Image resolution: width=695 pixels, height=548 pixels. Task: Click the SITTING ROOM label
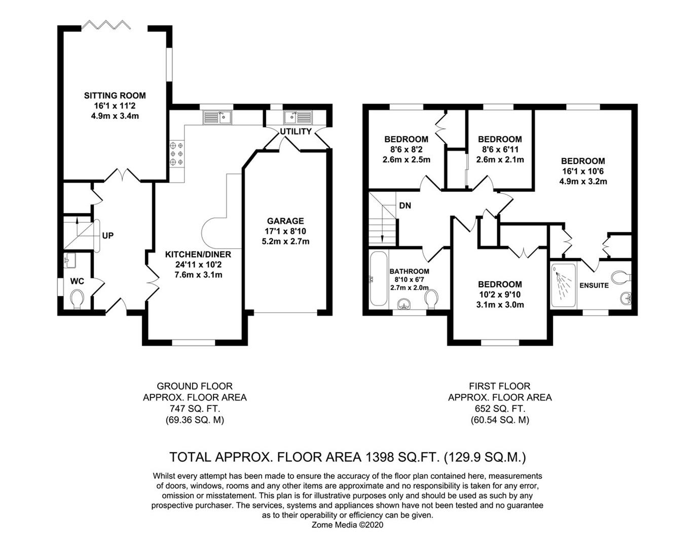tap(115, 96)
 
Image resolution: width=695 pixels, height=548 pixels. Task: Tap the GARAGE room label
tap(285, 221)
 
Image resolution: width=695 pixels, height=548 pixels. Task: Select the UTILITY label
tap(296, 131)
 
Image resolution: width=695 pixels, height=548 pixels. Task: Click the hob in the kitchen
tap(176, 154)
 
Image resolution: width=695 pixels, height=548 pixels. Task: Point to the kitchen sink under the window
tap(217, 118)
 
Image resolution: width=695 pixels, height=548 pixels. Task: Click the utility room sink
tap(298, 118)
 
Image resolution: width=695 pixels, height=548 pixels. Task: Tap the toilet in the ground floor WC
tap(77, 299)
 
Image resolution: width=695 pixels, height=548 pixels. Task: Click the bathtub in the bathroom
tap(379, 279)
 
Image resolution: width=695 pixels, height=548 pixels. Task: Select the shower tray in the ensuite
tap(564, 286)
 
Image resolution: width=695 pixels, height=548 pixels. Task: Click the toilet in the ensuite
tap(621, 278)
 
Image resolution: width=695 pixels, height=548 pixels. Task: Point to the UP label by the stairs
tap(108, 235)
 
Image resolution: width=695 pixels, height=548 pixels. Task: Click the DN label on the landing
tap(406, 205)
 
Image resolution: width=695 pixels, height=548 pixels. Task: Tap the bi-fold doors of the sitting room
tap(106, 25)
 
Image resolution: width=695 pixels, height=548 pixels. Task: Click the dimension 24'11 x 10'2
tap(198, 265)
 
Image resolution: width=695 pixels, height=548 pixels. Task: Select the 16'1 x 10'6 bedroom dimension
tap(583, 172)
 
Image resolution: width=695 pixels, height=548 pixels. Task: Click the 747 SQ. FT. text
tap(195, 408)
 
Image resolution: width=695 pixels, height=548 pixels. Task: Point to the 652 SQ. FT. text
tap(500, 408)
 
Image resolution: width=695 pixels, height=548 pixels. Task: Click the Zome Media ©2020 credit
tap(347, 524)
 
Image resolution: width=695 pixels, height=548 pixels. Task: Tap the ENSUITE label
tap(594, 286)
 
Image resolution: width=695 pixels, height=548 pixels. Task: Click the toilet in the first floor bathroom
tap(431, 299)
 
